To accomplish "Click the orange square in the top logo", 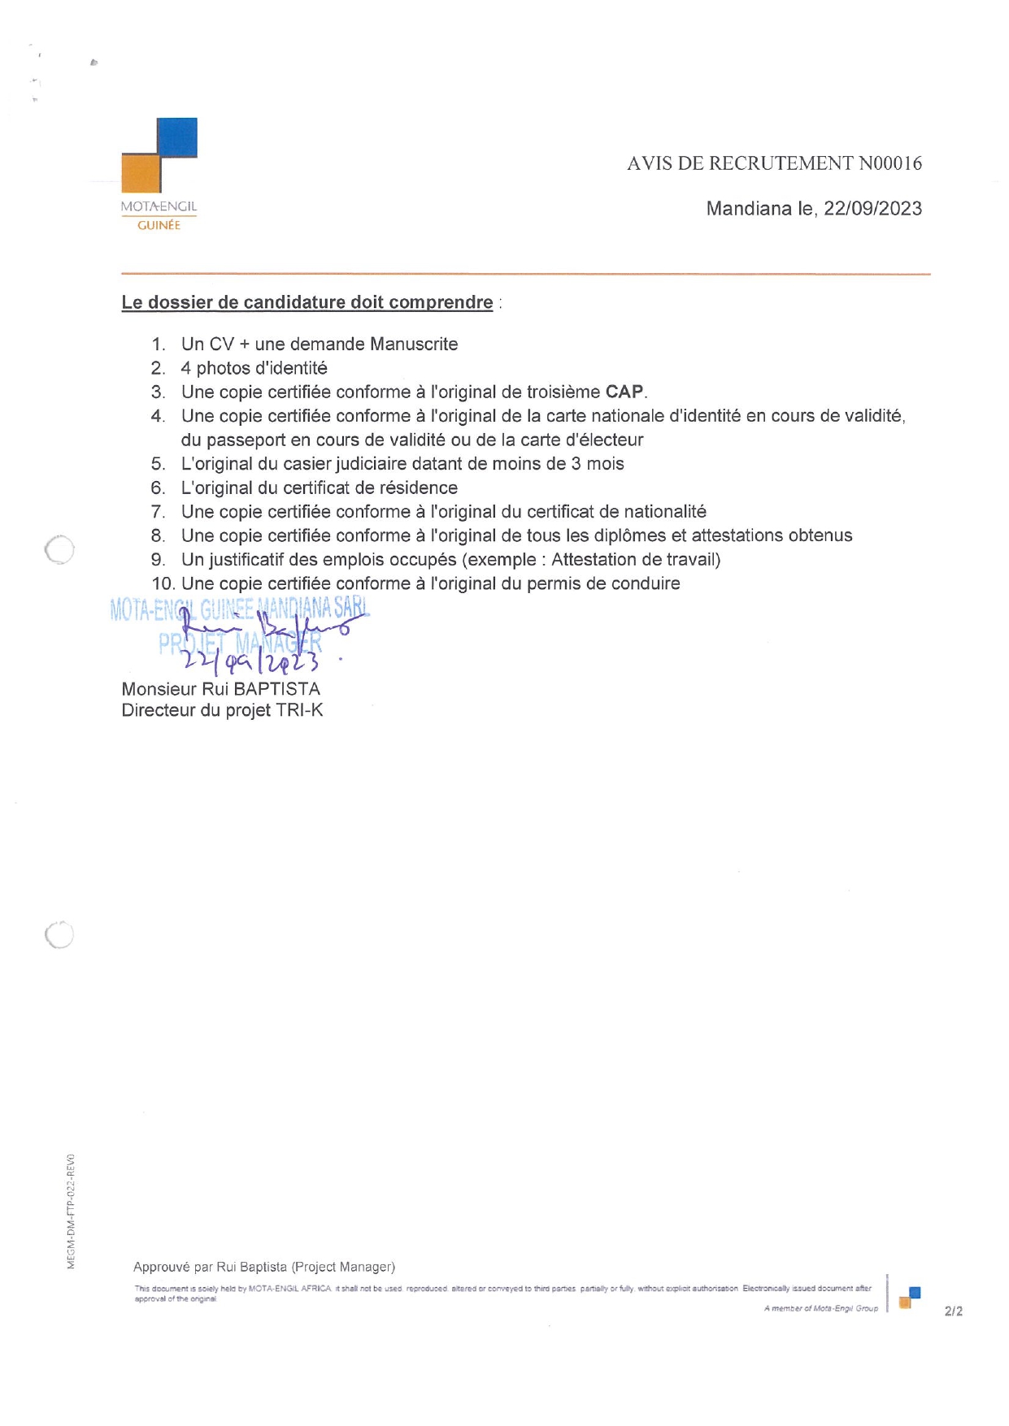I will (x=141, y=174).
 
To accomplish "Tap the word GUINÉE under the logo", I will (x=159, y=226).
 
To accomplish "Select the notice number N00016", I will (x=890, y=163).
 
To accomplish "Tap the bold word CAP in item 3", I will (x=624, y=392).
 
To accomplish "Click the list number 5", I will (x=158, y=464).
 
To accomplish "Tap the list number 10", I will (x=161, y=583).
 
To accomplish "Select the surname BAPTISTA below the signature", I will (x=276, y=689).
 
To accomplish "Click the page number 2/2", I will (x=953, y=1311).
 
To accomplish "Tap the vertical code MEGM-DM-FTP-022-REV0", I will (x=72, y=1211).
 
